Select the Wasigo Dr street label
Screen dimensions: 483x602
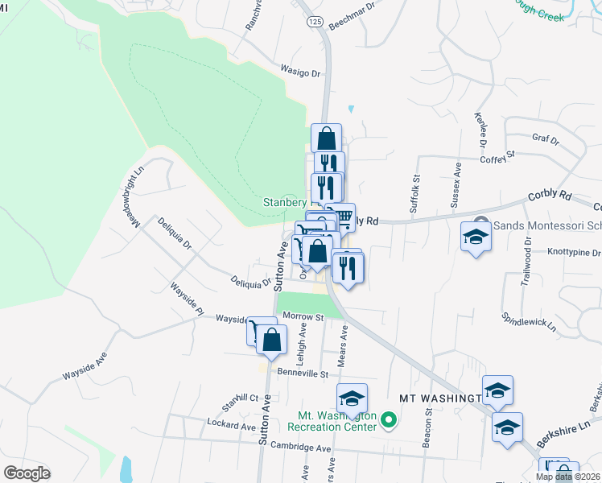pyautogui.click(x=301, y=72)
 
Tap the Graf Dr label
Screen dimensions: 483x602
pyautogui.click(x=546, y=138)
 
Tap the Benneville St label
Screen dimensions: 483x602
pyautogui.click(x=303, y=374)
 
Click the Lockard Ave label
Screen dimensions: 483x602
pyautogui.click(x=231, y=425)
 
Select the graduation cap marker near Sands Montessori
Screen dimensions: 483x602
pyautogui.click(x=475, y=237)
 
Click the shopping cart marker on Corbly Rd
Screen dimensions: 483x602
pyautogui.click(x=344, y=217)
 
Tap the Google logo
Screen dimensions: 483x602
pyautogui.click(x=27, y=473)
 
